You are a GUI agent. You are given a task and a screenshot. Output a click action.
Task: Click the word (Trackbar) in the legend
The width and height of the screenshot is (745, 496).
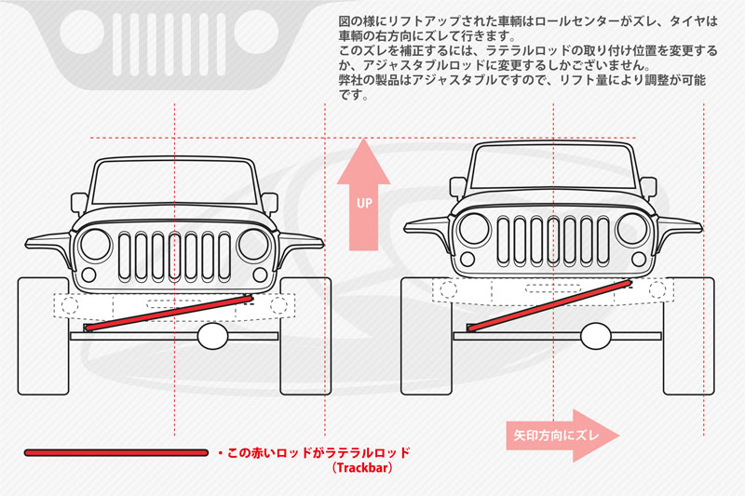point(360,468)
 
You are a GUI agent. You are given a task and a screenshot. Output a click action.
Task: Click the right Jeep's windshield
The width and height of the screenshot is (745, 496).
point(554,166)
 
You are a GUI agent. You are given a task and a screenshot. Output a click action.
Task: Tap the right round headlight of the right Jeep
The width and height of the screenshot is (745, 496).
point(633,229)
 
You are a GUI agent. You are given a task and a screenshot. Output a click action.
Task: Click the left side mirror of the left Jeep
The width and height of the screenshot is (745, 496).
point(79,202)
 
